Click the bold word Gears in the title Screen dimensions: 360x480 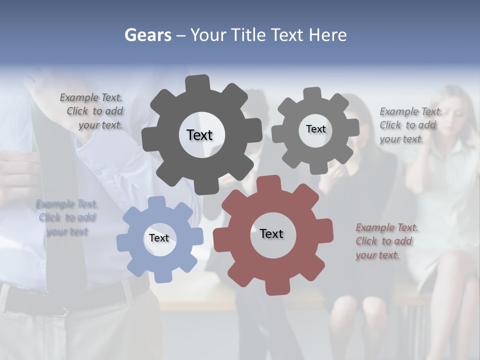[x=147, y=35]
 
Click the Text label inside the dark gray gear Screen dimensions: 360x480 [x=199, y=135]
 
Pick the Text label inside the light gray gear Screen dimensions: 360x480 [x=315, y=129]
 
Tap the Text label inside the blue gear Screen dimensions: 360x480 [x=158, y=238]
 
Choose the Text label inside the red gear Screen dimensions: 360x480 [x=271, y=234]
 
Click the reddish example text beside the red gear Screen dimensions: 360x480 [x=384, y=241]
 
